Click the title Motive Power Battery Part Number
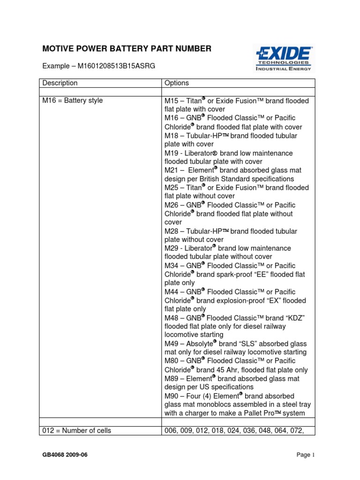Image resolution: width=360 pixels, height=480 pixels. (127, 48)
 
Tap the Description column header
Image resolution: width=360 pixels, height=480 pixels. (60, 83)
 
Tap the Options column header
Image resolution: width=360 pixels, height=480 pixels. (176, 83)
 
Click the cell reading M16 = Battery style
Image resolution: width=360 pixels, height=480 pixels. (73, 101)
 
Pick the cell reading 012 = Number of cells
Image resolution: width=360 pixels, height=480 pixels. (77, 430)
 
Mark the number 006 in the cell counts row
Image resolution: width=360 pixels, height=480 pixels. (171, 430)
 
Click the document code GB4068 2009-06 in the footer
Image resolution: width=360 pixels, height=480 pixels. (68, 455)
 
